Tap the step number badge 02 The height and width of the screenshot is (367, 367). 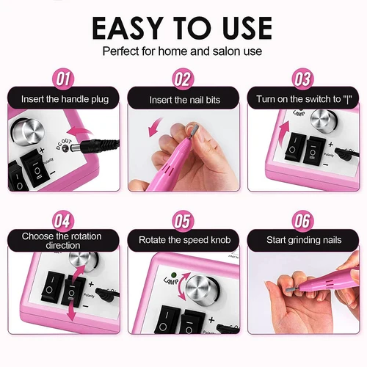coord(183,79)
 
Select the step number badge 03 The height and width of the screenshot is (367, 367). coord(302,79)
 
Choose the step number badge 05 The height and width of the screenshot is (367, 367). coord(183,220)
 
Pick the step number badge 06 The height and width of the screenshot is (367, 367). coord(302,220)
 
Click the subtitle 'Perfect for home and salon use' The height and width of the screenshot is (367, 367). coord(183,52)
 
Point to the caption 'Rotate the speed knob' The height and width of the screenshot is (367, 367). coord(183,240)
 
